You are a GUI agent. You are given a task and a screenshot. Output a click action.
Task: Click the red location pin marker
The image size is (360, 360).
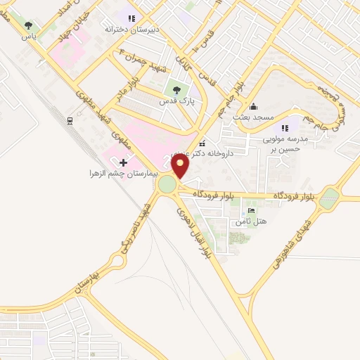coord(181,166)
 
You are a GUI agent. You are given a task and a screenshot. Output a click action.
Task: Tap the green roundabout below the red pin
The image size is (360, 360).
coord(167,185)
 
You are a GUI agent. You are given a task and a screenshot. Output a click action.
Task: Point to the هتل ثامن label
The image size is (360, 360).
coord(252,222)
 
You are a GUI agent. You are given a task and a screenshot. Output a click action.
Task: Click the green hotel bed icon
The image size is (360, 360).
coord(252,211)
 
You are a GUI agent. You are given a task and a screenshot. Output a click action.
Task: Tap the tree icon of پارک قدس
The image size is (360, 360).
coord(176,89)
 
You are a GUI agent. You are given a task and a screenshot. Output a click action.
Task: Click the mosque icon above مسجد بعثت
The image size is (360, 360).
coord(254,105)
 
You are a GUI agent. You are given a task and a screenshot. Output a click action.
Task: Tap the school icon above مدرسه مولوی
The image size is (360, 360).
coord(285,128)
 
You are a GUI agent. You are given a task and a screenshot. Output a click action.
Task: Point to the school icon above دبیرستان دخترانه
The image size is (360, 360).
coord(129,18)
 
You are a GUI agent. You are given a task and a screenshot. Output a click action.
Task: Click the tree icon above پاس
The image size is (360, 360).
coord(29,25)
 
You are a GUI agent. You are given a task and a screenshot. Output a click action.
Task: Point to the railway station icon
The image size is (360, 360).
coord(70,120)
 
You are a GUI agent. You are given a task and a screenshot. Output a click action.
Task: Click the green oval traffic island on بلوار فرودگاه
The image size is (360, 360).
coord(329,199)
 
